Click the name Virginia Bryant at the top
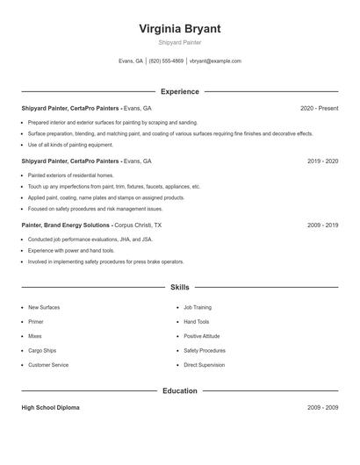[179, 28]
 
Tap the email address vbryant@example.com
[215, 61]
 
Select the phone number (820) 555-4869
[166, 61]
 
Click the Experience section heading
[179, 91]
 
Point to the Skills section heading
[179, 287]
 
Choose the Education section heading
[179, 390]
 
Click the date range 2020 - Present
[319, 108]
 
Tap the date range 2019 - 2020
[322, 161]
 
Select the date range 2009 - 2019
[322, 225]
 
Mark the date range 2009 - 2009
[322, 408]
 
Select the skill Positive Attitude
[202, 336]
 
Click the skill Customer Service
[48, 364]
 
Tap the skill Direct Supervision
[204, 364]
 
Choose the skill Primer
[36, 322]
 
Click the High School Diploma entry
[50, 408]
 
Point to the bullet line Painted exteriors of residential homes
[70, 175]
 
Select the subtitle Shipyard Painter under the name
[179, 42]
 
